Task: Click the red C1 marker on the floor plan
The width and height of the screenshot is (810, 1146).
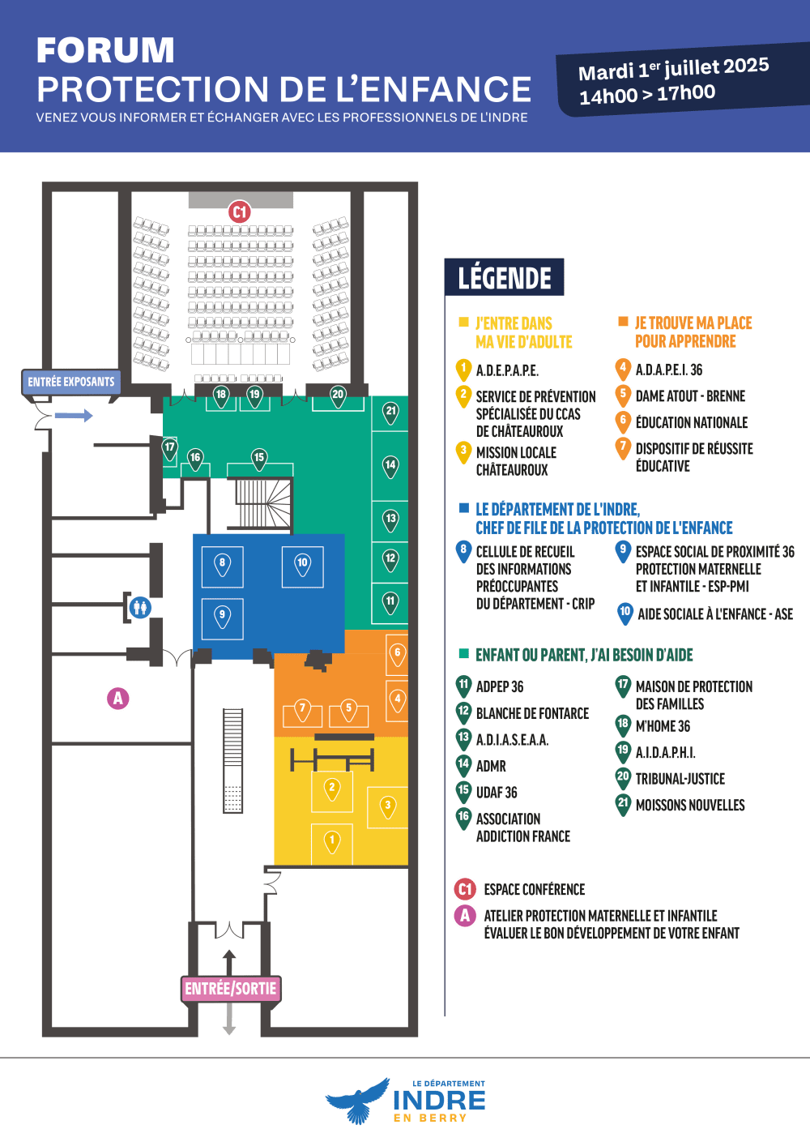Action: click(239, 212)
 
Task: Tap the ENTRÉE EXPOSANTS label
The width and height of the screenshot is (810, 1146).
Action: click(71, 382)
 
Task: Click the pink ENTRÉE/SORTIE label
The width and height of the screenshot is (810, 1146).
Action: click(231, 989)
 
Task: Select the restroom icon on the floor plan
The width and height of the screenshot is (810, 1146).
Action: click(140, 606)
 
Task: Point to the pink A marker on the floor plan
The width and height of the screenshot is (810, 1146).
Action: click(118, 698)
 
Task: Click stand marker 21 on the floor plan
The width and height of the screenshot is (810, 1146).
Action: click(391, 412)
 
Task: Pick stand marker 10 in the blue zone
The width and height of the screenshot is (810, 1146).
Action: click(302, 563)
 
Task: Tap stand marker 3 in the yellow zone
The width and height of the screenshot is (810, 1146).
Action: click(388, 806)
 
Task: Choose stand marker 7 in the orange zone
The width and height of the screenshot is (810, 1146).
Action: click(302, 709)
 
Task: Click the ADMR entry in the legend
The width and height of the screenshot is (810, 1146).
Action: click(491, 766)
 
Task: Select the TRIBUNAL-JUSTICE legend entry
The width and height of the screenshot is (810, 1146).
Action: click(680, 779)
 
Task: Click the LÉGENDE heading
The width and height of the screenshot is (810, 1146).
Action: click(505, 278)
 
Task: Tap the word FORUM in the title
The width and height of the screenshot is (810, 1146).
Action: click(105, 51)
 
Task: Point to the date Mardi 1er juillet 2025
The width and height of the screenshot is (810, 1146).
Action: click(673, 69)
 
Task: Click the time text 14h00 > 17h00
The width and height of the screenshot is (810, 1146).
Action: click(647, 94)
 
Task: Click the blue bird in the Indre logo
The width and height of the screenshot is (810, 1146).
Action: click(357, 1101)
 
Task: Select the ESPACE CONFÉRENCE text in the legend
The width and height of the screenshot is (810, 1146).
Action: click(535, 890)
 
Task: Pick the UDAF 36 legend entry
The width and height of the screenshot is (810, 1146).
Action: click(497, 793)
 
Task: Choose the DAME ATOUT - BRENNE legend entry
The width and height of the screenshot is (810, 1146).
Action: click(690, 396)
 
